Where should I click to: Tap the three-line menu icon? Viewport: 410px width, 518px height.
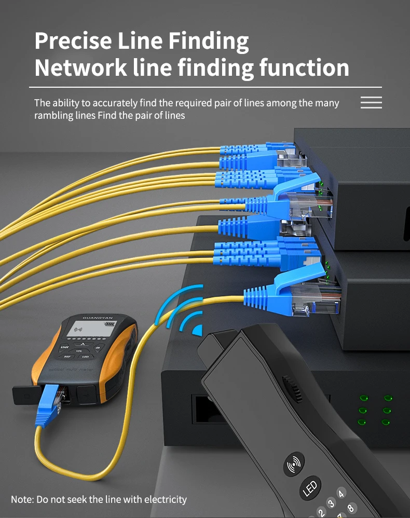[x=371, y=102]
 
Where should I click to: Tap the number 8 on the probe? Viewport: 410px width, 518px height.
[x=351, y=508]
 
